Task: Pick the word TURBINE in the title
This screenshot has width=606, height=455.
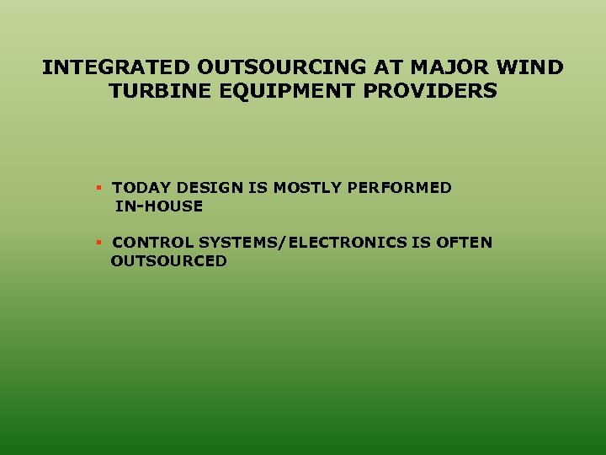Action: click(x=155, y=91)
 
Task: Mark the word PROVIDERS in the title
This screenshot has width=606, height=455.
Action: click(x=430, y=91)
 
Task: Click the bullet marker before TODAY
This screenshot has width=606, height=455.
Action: click(x=98, y=187)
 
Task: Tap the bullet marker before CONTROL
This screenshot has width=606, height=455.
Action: click(x=98, y=242)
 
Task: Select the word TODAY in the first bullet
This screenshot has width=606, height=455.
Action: click(x=141, y=188)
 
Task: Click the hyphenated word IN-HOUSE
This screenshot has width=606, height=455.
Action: click(x=159, y=206)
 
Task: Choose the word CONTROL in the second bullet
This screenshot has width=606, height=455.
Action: click(x=152, y=243)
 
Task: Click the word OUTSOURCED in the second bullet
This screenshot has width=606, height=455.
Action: click(x=168, y=261)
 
